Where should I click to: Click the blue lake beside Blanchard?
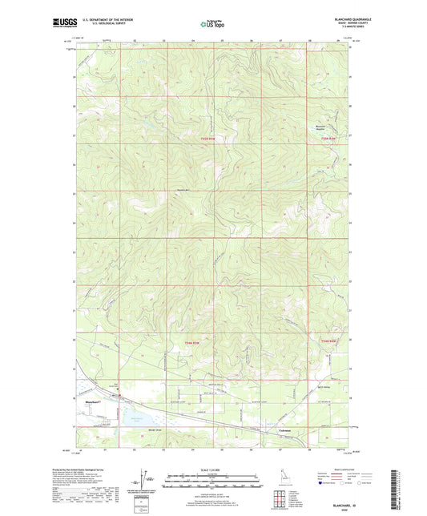pos(132,416)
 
